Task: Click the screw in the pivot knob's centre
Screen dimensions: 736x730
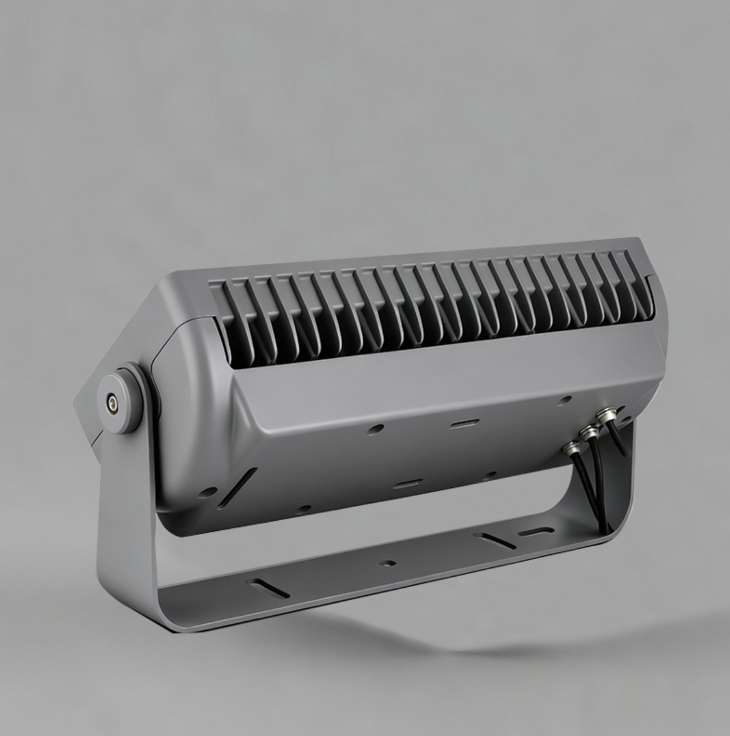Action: coord(112,402)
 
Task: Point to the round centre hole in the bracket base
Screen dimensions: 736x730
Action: coord(389,564)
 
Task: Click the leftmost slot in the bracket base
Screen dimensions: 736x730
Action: coord(267,588)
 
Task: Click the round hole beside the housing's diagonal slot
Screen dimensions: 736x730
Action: coord(208,492)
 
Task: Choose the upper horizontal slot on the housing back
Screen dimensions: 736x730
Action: coord(464,424)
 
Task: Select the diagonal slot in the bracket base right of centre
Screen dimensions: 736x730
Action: coord(496,540)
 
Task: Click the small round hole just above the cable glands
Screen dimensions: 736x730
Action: coord(564,401)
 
